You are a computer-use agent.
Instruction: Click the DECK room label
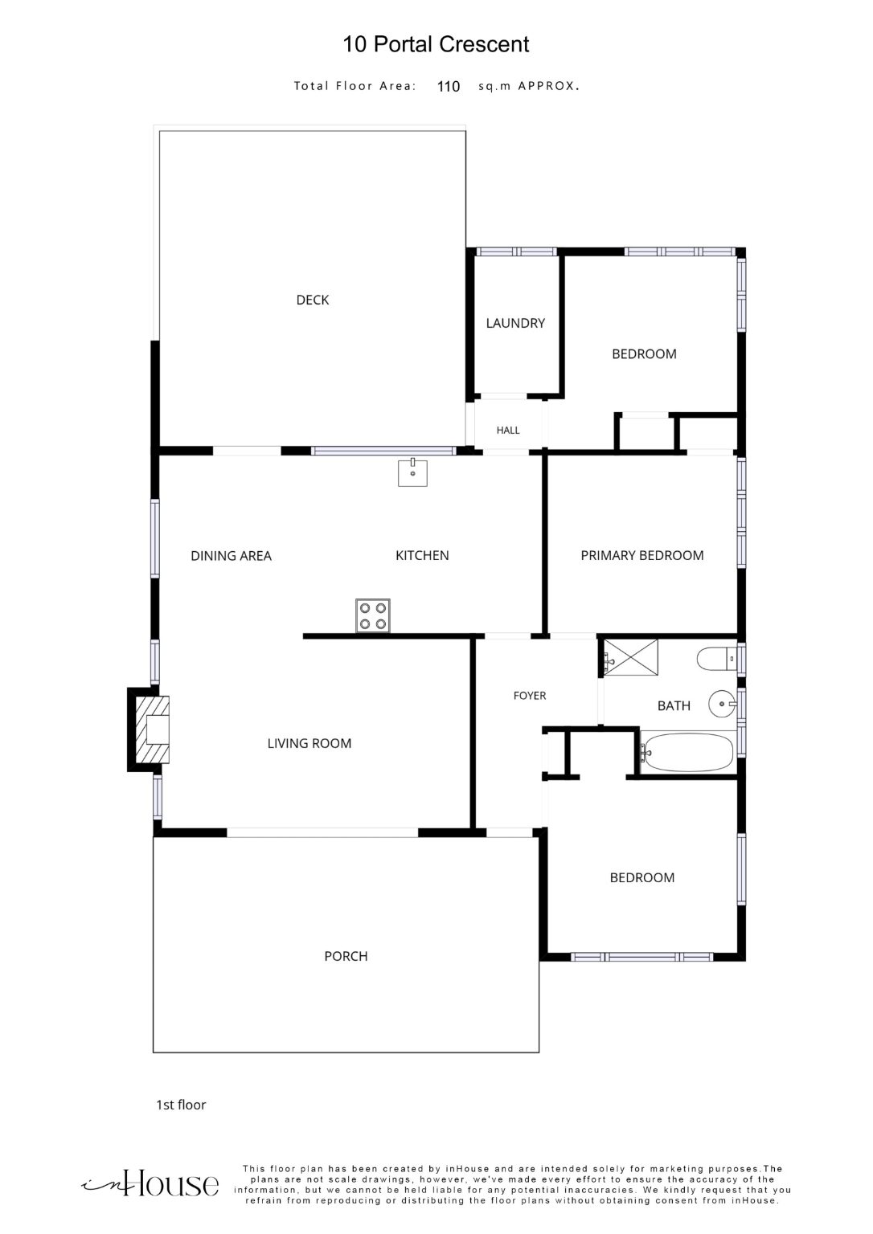point(313,300)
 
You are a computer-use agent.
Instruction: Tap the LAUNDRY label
point(515,323)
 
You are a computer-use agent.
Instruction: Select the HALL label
point(507,431)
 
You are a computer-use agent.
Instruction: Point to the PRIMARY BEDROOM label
point(642,555)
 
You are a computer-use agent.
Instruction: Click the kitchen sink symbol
point(413,472)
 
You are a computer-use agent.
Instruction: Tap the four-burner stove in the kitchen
point(372,616)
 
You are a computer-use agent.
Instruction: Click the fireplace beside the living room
point(149,729)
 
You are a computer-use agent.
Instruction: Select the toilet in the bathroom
point(716,659)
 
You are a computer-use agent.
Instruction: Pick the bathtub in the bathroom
point(688,753)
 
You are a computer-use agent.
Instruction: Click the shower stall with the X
point(631,656)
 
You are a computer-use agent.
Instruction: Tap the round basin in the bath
point(723,704)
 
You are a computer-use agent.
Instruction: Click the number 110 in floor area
point(448,87)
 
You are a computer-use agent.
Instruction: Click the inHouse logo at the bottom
point(150,1184)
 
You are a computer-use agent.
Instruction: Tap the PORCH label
point(346,956)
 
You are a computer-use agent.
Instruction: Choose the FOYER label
point(530,696)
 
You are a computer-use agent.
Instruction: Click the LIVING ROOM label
point(309,743)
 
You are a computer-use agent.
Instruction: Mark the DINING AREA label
point(231,556)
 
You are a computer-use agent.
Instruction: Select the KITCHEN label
point(422,555)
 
